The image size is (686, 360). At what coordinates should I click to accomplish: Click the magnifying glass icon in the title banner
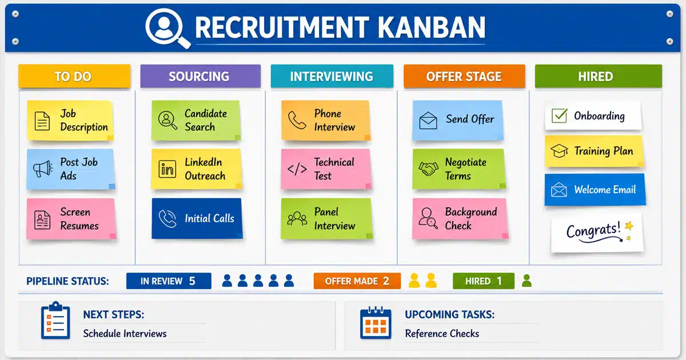point(167,27)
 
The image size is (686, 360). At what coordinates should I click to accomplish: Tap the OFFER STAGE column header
point(464,76)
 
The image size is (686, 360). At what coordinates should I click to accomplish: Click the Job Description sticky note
point(70,121)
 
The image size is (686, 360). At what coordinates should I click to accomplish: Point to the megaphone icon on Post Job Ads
point(43,169)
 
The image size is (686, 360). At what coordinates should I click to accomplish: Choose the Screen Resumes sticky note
point(71,218)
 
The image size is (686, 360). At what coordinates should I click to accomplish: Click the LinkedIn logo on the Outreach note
point(167,169)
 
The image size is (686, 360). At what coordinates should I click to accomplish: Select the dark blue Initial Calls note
point(197,218)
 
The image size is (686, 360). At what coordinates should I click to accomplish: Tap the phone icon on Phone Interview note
point(297,121)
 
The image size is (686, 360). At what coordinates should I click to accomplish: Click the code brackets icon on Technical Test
point(297,169)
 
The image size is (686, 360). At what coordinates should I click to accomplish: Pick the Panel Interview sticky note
point(327,218)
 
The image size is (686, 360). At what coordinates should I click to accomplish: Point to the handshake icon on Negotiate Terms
point(428,169)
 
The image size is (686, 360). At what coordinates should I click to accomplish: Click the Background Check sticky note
point(460,218)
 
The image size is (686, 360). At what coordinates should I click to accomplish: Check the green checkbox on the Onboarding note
point(560,115)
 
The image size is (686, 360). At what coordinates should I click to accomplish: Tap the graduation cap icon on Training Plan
point(559,151)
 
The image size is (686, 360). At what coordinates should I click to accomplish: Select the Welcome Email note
point(595,190)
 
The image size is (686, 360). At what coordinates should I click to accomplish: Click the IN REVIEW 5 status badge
point(169,281)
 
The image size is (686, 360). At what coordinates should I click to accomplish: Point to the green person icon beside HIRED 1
point(527,281)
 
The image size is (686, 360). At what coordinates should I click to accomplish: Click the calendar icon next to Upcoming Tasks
point(376,323)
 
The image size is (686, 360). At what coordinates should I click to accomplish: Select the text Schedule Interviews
point(125,333)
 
